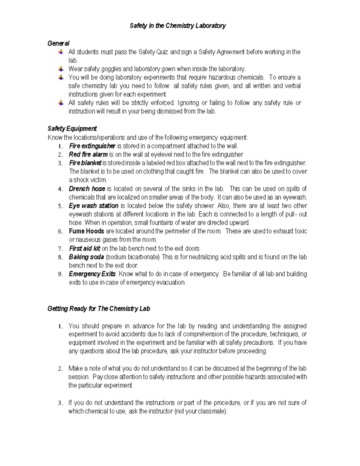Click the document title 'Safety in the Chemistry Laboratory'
tap(178, 26)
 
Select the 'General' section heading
tap(58, 44)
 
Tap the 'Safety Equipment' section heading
tap(72, 129)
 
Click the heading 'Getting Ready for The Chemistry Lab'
tap(99, 309)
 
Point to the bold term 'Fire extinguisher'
tap(92, 146)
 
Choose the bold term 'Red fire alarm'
tap(88, 155)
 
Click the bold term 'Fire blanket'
tap(85, 163)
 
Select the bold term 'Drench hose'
tap(87, 189)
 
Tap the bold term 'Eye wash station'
tap(93, 206)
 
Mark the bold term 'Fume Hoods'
tap(86, 231)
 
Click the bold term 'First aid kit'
tap(85, 248)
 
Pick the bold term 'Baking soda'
tap(86, 257)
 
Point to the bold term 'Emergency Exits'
tap(92, 274)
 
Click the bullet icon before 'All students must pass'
tap(61, 52)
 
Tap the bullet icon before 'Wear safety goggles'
tap(61, 69)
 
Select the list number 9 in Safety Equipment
tap(60, 274)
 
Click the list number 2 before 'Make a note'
tap(60, 368)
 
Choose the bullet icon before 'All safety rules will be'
tap(61, 103)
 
